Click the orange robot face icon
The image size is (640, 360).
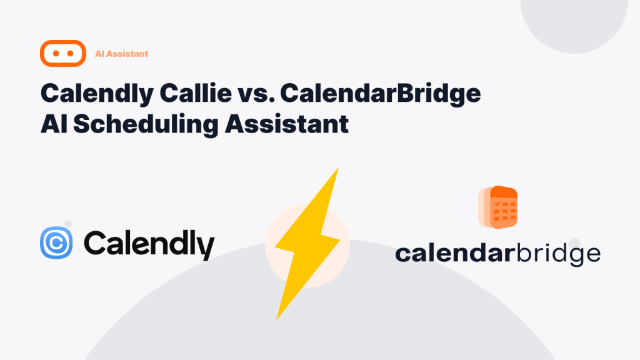(x=63, y=54)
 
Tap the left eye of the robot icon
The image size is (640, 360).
(x=56, y=54)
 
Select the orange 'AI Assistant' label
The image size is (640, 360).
(x=121, y=54)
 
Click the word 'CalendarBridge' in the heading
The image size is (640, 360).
(x=381, y=94)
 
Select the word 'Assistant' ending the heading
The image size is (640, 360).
(x=286, y=124)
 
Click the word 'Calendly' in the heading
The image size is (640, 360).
(x=97, y=94)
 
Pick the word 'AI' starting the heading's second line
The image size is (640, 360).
(x=54, y=124)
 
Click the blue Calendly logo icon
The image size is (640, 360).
(x=56, y=243)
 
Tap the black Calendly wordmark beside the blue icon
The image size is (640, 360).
(x=149, y=245)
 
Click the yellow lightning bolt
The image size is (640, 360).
(x=307, y=243)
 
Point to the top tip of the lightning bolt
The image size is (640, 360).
(x=338, y=167)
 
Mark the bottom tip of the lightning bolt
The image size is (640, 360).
(x=277, y=319)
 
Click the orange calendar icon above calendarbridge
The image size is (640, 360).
(x=498, y=207)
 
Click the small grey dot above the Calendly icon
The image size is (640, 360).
(x=68, y=224)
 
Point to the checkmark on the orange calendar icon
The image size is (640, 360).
(x=497, y=203)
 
